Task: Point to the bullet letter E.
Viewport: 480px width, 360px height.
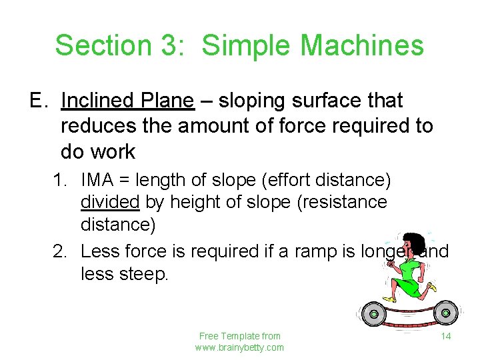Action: coord(36,101)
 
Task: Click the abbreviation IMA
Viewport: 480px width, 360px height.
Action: coord(101,180)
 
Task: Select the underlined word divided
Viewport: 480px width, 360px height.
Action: coord(110,202)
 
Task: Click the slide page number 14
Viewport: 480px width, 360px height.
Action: coord(446,336)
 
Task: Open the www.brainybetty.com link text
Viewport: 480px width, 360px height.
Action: coord(239,347)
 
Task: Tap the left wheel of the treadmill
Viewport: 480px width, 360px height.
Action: coord(374,313)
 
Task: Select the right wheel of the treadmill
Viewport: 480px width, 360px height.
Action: coord(445,311)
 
